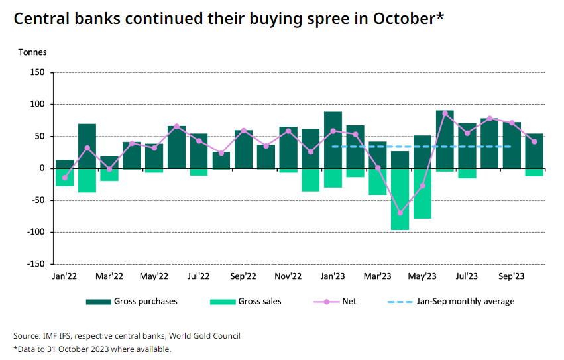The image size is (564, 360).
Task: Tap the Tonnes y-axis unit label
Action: click(x=32, y=52)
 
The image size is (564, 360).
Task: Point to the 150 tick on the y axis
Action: click(x=36, y=72)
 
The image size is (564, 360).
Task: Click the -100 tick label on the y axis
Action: click(x=34, y=232)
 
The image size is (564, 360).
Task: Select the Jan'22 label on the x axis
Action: click(x=64, y=276)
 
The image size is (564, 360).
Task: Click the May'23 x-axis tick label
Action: click(x=422, y=276)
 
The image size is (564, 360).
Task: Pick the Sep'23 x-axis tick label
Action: click(x=512, y=276)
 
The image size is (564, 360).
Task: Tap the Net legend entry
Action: click(x=349, y=302)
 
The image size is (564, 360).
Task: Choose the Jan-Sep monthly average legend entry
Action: click(x=465, y=302)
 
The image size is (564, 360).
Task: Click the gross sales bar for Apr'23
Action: click(x=400, y=199)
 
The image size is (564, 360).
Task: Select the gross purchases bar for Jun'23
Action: click(x=445, y=139)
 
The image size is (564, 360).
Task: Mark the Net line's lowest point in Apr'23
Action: click(x=400, y=213)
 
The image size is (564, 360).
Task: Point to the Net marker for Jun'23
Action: click(x=445, y=113)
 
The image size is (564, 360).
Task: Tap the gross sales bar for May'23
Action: click(x=422, y=194)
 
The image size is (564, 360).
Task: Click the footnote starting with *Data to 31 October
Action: click(x=92, y=349)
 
